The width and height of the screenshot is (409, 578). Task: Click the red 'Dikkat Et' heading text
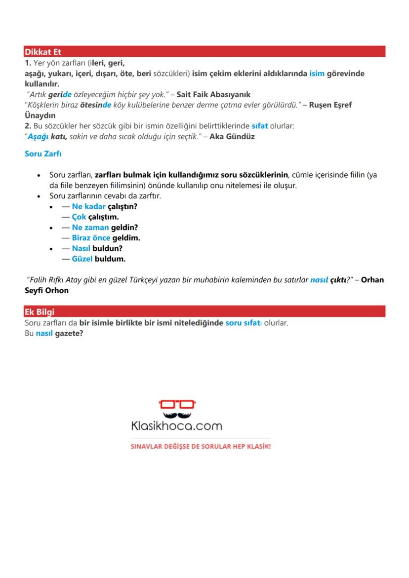coord(42,52)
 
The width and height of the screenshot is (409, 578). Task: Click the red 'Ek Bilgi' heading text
coord(40,312)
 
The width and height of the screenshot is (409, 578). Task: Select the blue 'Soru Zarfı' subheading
coord(43,154)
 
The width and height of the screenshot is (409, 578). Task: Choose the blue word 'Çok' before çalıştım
coord(79,217)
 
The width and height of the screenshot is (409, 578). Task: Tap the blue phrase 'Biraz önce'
coord(91,238)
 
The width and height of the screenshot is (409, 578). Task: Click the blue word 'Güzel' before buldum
coord(82,259)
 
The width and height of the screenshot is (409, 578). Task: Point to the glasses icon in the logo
coord(177,404)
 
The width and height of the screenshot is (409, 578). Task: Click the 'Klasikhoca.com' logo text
coord(176,425)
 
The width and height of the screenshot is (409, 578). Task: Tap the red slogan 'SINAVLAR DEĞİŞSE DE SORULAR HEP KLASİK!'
coord(201,446)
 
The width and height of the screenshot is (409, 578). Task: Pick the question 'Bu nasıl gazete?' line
coord(53,334)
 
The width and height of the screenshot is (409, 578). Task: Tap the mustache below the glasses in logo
coord(177,413)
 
